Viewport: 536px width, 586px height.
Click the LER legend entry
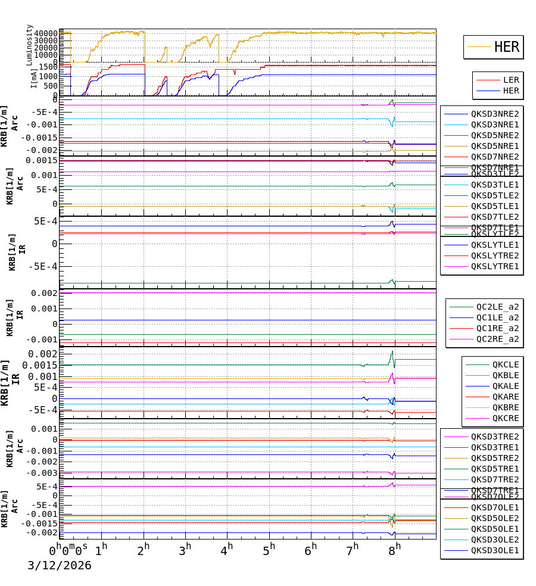click(511, 80)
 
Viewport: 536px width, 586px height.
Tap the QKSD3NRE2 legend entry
click(495, 114)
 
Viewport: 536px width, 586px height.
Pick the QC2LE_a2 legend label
click(497, 307)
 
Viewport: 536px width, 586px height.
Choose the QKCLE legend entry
click(505, 364)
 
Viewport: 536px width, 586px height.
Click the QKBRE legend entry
click(505, 407)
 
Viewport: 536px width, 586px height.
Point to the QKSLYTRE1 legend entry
click(495, 266)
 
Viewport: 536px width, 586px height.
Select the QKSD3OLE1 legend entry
click(495, 550)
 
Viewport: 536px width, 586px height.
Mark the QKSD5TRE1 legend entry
click(495, 469)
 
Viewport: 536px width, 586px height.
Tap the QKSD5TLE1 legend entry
click(495, 206)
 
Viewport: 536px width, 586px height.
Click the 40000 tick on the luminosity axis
click(45, 34)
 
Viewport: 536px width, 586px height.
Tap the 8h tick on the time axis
click(394, 548)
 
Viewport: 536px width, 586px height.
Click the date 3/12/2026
click(60, 565)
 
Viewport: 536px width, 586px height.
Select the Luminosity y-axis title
click(29, 45)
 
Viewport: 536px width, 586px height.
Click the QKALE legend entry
click(505, 386)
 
